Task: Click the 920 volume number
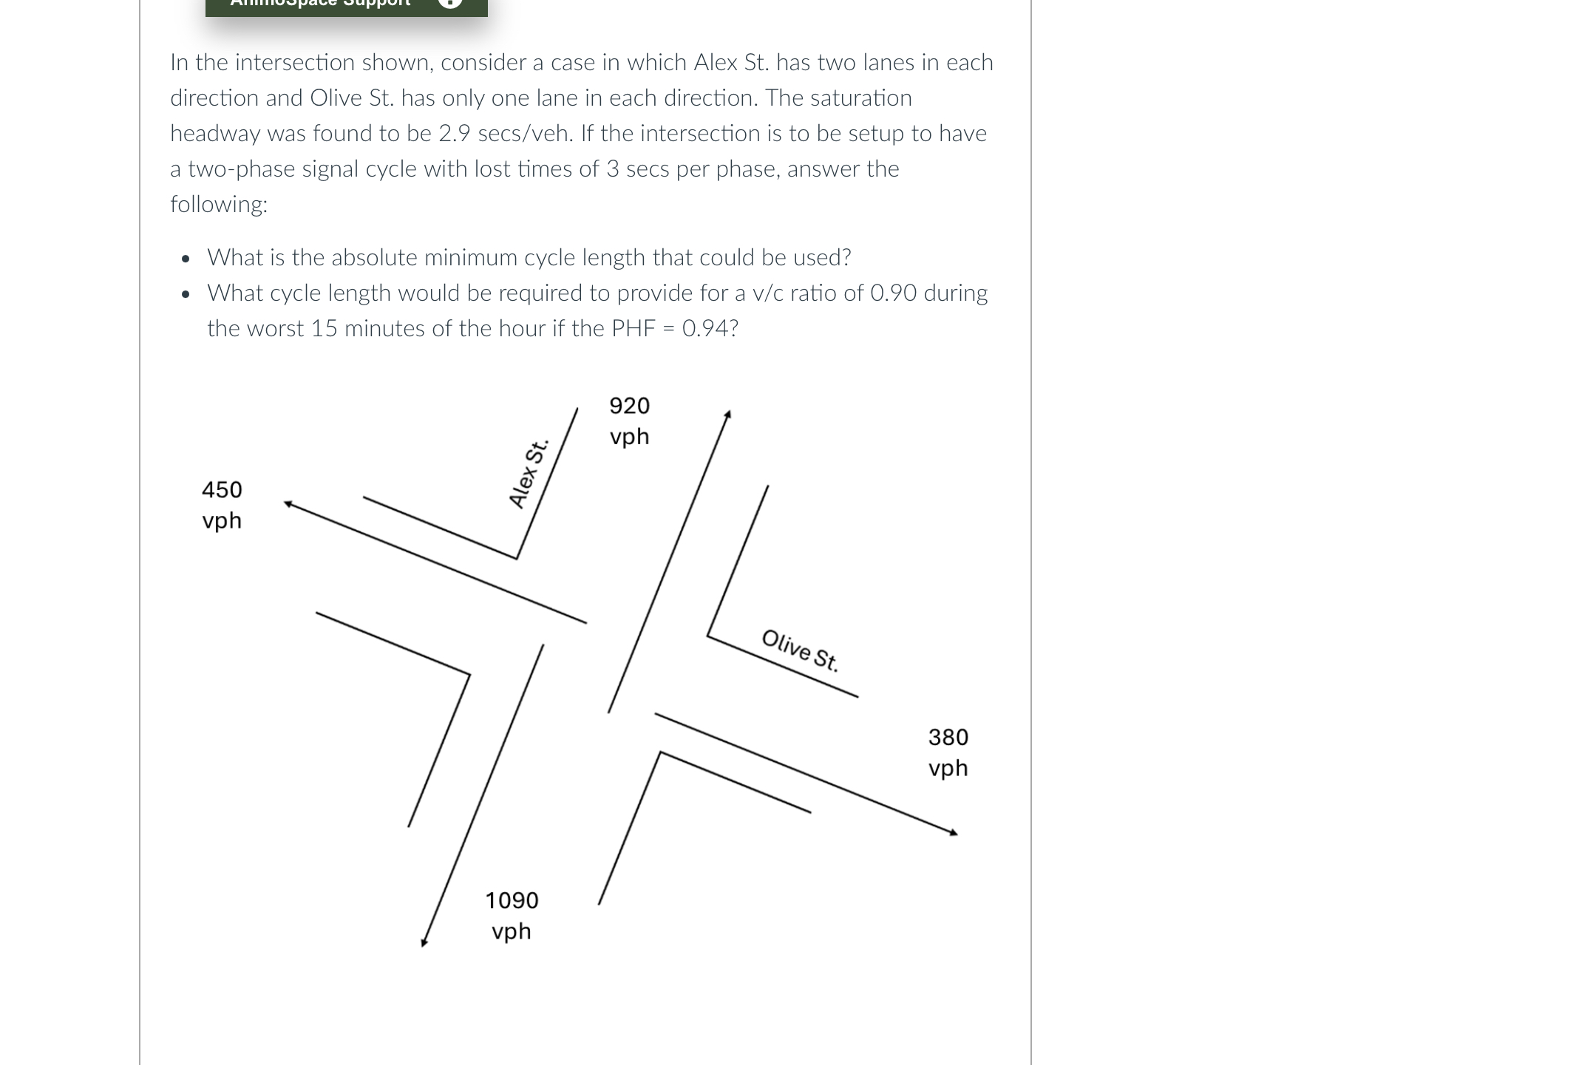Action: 629,406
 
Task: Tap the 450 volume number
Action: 222,490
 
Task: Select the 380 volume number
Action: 948,737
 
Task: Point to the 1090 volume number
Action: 512,900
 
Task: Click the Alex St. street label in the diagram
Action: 528,474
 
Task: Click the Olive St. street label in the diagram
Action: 800,650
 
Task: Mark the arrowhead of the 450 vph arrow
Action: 288,504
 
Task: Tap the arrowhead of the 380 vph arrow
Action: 954,832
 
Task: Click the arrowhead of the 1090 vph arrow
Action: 424,942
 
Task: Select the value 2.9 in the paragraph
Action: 455,134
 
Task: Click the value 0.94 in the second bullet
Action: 705,329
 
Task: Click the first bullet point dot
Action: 186,259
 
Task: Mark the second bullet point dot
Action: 186,294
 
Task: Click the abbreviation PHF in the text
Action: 634,329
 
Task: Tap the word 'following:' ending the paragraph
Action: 219,205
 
